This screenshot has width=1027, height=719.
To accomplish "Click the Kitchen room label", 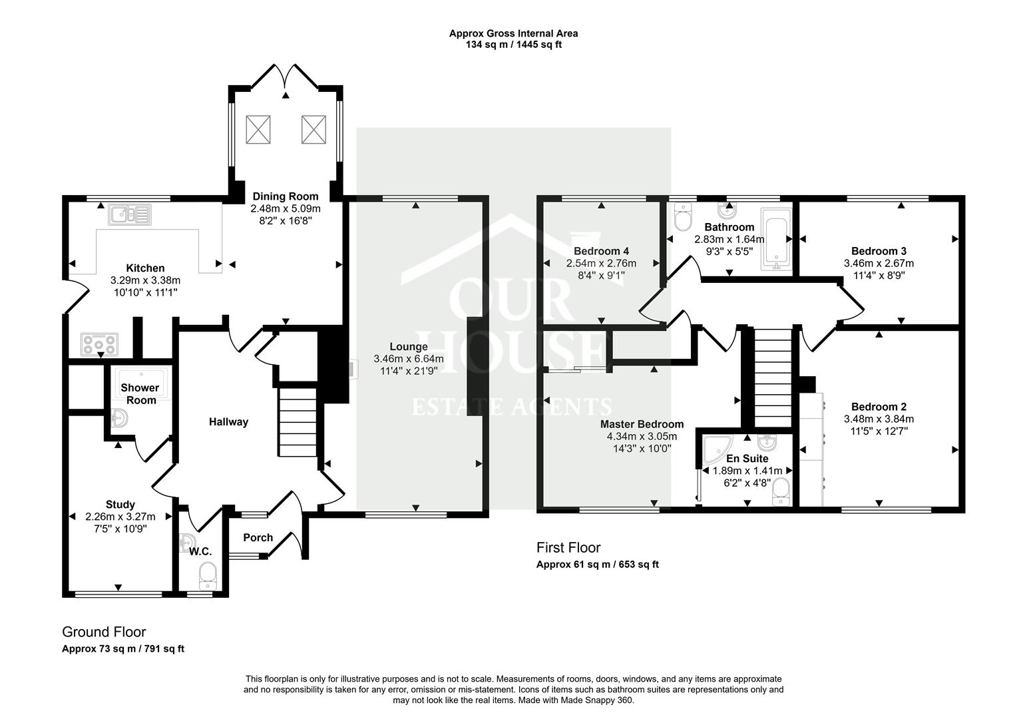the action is pyautogui.click(x=145, y=268).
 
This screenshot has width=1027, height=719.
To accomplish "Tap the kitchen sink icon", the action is pyautogui.click(x=130, y=214).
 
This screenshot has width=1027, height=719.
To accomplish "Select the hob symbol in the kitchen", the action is pyautogui.click(x=99, y=344).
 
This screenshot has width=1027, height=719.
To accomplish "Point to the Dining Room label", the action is pyautogui.click(x=285, y=196).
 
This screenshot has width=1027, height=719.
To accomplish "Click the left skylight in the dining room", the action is pyautogui.click(x=258, y=130).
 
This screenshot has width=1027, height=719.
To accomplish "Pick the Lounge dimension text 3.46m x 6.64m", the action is pyautogui.click(x=409, y=359).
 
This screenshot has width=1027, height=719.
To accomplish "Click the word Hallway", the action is pyautogui.click(x=228, y=422).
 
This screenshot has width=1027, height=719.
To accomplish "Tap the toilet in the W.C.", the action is pyautogui.click(x=208, y=577).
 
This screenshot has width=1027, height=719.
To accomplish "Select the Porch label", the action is pyautogui.click(x=258, y=537).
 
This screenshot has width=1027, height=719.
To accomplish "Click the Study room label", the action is pyautogui.click(x=120, y=505).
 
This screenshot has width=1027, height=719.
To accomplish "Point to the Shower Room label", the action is pyautogui.click(x=140, y=394).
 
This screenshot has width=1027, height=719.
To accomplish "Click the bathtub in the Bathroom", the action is pyautogui.click(x=776, y=238).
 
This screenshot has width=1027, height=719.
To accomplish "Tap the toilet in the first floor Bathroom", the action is pyautogui.click(x=683, y=217).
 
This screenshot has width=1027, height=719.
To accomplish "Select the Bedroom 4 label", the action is pyautogui.click(x=601, y=251).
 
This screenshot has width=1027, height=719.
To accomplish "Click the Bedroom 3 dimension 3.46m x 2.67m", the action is pyautogui.click(x=879, y=264).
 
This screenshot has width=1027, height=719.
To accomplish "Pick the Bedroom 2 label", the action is pyautogui.click(x=879, y=407).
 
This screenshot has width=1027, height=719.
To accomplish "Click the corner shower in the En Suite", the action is pyautogui.click(x=718, y=449).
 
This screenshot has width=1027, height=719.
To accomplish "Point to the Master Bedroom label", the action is pyautogui.click(x=642, y=424).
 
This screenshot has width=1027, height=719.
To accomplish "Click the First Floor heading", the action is pyautogui.click(x=568, y=547).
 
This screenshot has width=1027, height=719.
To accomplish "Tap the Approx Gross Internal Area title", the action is pyautogui.click(x=514, y=33).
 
